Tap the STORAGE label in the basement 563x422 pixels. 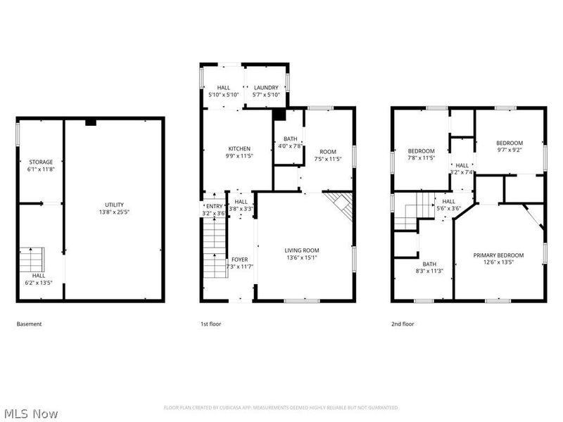pos(41,162)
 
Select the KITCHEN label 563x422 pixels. pos(239,148)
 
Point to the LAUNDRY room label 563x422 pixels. pos(266,87)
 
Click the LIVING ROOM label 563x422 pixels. pos(302,250)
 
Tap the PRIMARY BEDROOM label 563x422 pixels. pos(498,255)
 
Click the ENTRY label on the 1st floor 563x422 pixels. pos(214,206)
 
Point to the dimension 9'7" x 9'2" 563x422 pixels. pos(510,150)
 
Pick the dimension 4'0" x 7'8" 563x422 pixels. pos(291,146)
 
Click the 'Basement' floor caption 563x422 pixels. pos(29,324)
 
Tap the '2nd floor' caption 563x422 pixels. pos(403,324)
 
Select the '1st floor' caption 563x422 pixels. pos(211,324)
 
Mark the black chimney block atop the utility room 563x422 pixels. pos(90,122)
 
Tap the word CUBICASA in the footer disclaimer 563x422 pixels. pos(241,408)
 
